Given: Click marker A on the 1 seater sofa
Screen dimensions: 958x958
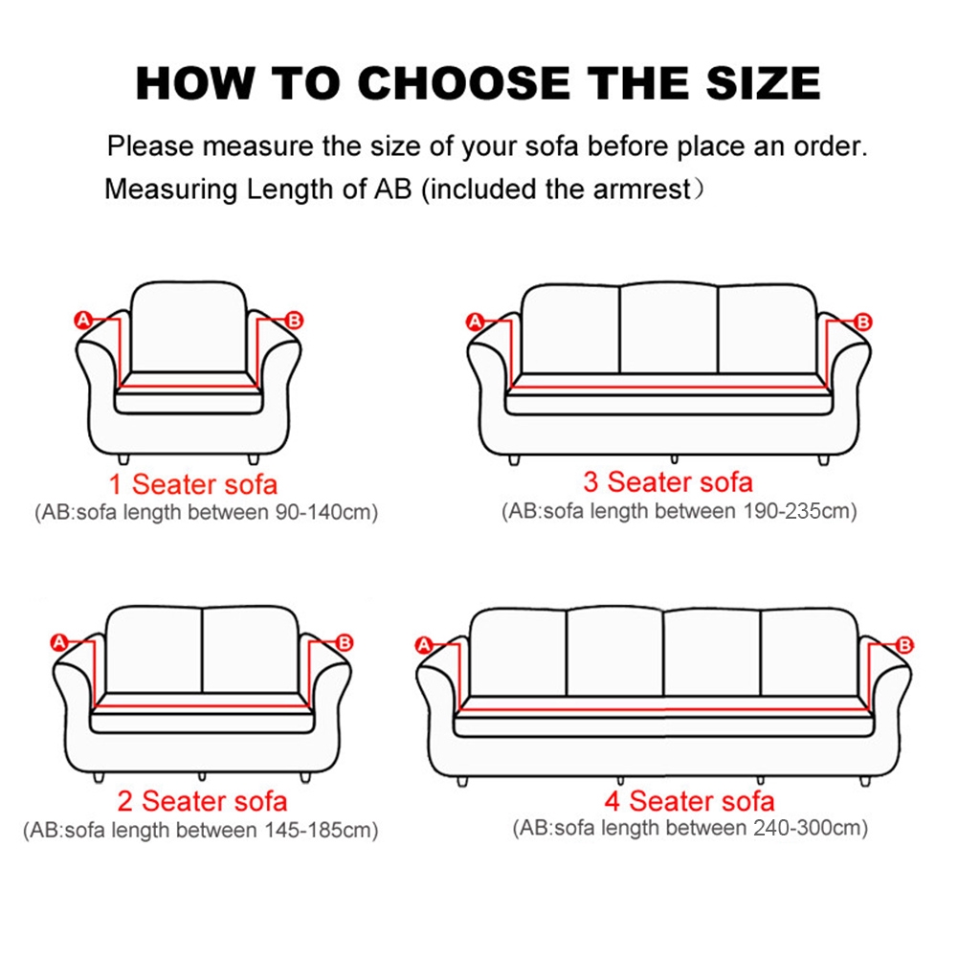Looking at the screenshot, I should click(x=83, y=321).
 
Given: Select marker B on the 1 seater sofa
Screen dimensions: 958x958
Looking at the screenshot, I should click(x=294, y=321).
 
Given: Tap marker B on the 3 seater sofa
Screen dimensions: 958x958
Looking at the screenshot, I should click(x=862, y=322).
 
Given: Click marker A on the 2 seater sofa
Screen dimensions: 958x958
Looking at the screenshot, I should click(x=59, y=642).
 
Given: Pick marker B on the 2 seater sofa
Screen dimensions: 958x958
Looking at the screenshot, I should click(x=345, y=642).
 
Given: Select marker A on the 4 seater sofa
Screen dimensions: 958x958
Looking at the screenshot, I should click(x=424, y=645).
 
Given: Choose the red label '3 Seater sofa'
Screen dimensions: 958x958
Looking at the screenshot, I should click(x=668, y=480).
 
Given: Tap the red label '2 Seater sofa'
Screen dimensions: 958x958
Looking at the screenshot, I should click(x=202, y=800).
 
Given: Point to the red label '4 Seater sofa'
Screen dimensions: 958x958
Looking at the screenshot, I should click(x=689, y=800).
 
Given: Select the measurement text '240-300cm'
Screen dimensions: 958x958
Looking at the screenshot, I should click(x=812, y=828).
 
